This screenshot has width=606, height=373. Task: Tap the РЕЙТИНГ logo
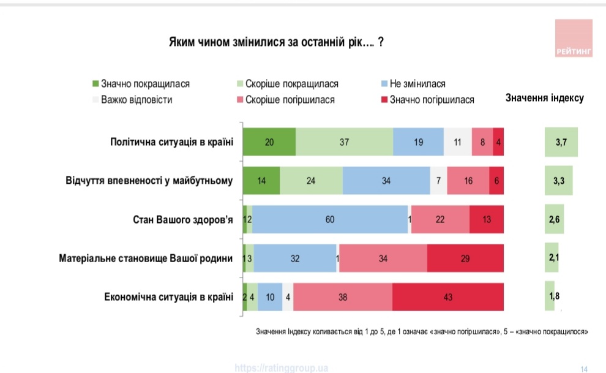point(574,39)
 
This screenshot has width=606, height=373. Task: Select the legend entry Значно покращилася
point(141,84)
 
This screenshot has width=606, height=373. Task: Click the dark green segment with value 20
point(269,142)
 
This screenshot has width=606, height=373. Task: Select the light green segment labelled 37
point(344,142)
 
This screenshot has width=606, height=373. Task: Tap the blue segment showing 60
point(330,219)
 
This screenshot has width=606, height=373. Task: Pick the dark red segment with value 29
point(465,258)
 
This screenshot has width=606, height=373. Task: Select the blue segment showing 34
point(386,181)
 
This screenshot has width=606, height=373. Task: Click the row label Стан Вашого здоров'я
point(183,219)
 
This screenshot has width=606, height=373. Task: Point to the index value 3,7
point(561,142)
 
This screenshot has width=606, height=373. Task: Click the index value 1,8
point(554,296)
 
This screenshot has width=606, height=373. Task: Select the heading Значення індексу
point(544,98)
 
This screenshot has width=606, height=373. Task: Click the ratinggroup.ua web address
point(282,367)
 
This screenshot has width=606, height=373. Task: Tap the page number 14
point(584,368)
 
